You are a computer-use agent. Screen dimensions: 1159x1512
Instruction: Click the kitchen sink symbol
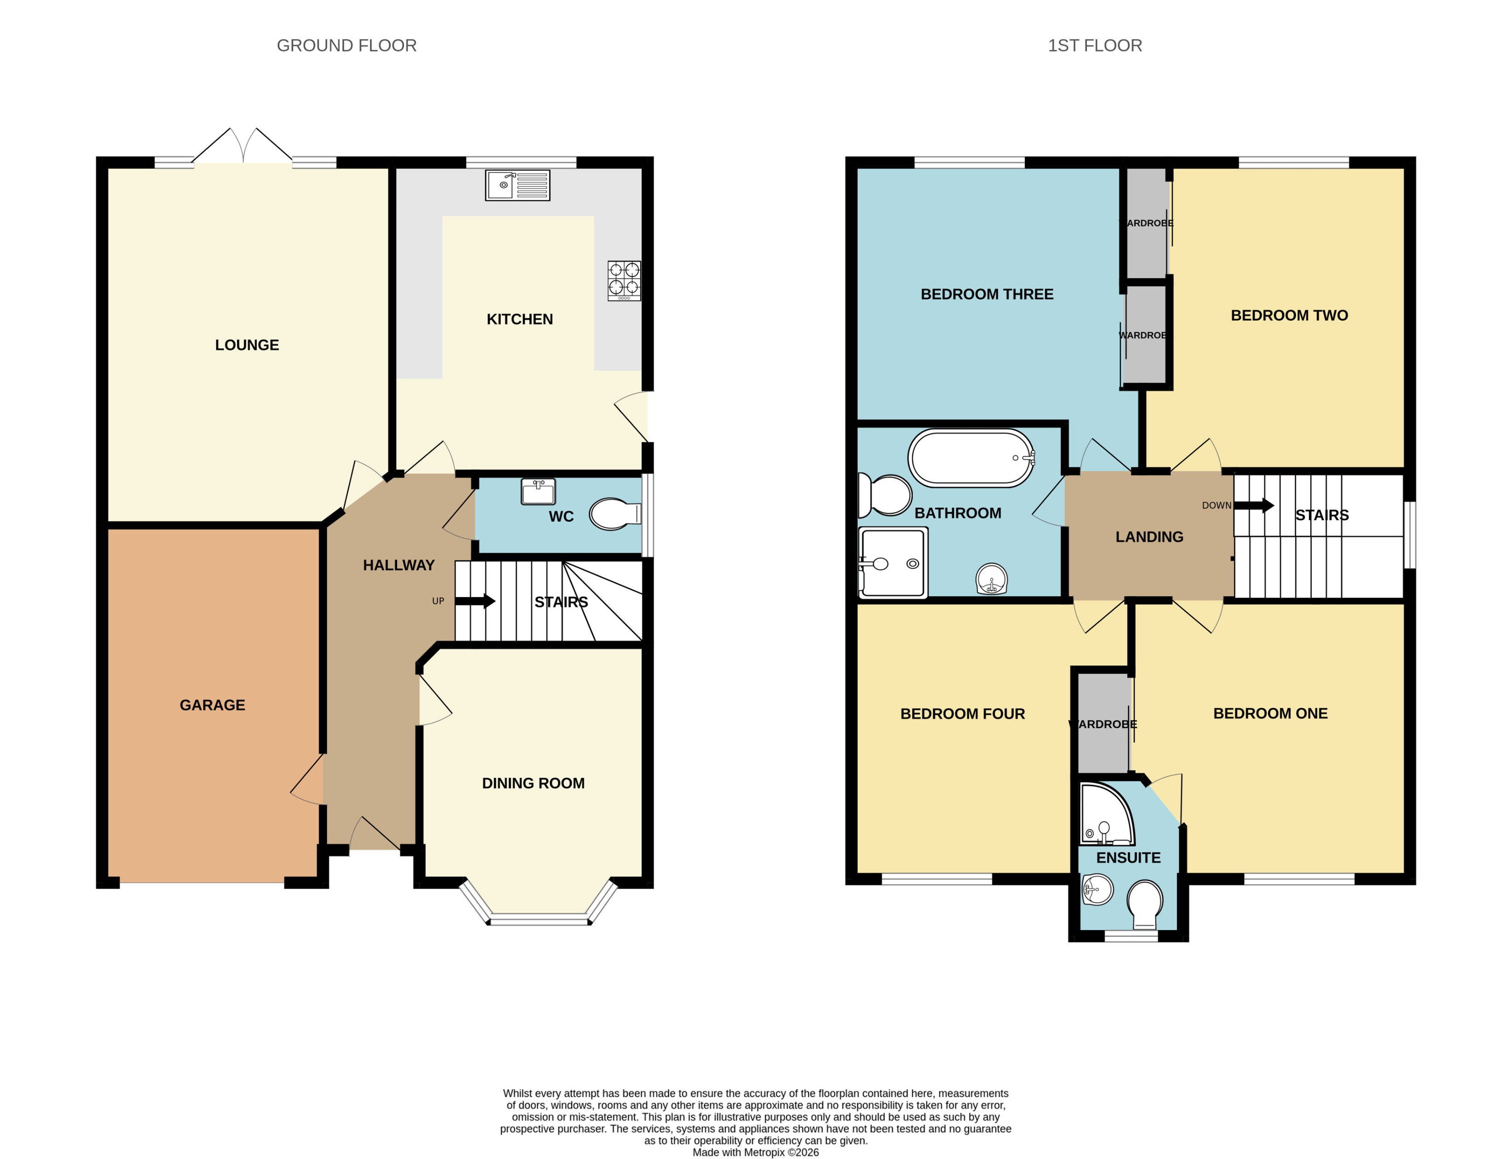517,186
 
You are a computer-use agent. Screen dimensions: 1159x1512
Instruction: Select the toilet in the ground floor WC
614,514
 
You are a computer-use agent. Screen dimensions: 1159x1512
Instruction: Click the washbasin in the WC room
538,492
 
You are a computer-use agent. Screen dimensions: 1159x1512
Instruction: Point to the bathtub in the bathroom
971,458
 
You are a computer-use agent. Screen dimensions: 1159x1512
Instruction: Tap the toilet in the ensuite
1144,904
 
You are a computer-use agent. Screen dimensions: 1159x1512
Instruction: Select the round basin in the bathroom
991,579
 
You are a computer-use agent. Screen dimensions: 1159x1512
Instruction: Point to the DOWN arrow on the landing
1253,506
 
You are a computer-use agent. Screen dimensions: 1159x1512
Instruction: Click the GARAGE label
212,705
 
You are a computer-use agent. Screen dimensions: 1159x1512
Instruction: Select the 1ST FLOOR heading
1094,46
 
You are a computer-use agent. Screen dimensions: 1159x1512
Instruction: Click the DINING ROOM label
533,783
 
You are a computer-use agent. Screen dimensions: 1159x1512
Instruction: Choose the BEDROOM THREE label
987,294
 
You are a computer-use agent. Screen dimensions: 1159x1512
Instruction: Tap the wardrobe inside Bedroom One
1103,723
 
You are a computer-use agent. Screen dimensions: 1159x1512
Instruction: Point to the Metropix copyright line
756,1152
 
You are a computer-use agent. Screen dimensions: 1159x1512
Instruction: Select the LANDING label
1149,537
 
